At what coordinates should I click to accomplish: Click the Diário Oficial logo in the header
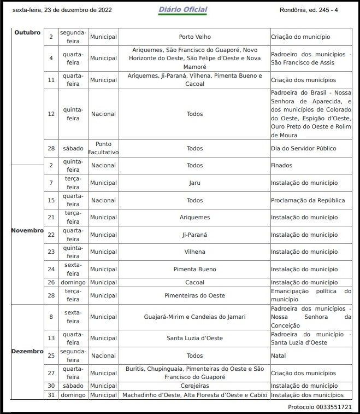182,10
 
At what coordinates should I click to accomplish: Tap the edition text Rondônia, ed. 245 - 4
308,10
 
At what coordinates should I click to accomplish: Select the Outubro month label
27,32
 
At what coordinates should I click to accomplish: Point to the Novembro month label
27,230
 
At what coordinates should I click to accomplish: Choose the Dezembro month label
27,351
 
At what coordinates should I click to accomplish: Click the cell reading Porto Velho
194,37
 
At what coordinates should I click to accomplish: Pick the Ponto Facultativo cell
103,148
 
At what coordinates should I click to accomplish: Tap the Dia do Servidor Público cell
304,148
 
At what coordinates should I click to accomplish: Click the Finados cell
282,165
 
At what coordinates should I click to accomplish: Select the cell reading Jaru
194,183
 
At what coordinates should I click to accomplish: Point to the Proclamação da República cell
308,200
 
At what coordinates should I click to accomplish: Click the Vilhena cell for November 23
194,252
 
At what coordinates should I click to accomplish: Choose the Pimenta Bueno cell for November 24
194,269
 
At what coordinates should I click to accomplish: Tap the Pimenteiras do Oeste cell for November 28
194,295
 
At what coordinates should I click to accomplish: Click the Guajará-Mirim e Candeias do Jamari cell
194,317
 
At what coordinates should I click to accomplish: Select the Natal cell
279,355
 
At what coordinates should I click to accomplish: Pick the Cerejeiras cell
194,386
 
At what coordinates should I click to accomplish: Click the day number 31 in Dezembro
51,395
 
